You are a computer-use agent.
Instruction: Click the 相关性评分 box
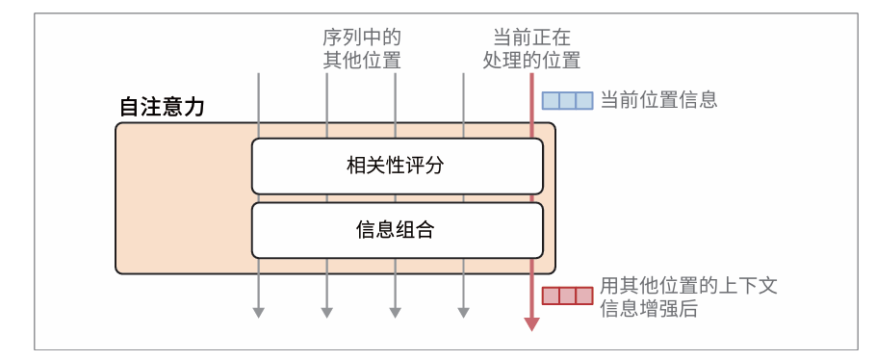click(397, 166)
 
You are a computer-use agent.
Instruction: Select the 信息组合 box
click(397, 230)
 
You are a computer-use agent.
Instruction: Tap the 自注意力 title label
click(162, 107)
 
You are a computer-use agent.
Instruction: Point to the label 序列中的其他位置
click(361, 49)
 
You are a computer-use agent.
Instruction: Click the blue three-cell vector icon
click(567, 100)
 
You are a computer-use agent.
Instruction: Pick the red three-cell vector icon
click(567, 296)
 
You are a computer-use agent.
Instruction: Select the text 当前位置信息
click(658, 100)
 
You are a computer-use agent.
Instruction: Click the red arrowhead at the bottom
click(531, 323)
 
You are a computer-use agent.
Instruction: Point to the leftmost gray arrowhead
click(258, 311)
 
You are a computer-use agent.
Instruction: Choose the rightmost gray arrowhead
click(463, 311)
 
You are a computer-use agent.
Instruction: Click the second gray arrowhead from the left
click(326, 311)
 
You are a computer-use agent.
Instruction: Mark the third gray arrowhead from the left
click(395, 311)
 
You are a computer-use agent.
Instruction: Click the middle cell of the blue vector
click(567, 100)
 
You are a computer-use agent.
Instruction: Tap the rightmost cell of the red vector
click(583, 296)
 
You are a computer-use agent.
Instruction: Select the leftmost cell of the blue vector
click(551, 100)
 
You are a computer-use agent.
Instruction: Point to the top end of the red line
click(531, 74)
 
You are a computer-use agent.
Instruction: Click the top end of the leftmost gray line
click(258, 74)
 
